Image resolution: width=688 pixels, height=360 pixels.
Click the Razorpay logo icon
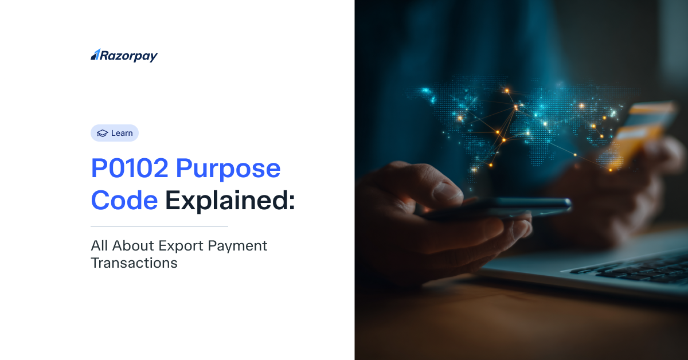95,54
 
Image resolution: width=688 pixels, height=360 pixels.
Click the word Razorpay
129,56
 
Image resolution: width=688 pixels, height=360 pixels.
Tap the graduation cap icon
102,134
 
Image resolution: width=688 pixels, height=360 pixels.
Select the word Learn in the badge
122,133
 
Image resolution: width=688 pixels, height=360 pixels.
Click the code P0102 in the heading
130,168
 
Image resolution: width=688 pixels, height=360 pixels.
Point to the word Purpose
228,170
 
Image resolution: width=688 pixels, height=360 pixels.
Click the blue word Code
124,200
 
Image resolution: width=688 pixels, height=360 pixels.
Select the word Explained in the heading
226,202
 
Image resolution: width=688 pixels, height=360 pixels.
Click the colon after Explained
291,203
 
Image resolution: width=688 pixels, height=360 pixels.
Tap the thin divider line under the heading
159,226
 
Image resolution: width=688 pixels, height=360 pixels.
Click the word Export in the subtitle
181,246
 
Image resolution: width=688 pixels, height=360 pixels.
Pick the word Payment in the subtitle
237,246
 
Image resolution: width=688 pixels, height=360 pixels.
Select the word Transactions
134,263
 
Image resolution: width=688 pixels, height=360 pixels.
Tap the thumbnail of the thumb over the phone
448,193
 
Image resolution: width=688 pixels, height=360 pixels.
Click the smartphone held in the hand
498,208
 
